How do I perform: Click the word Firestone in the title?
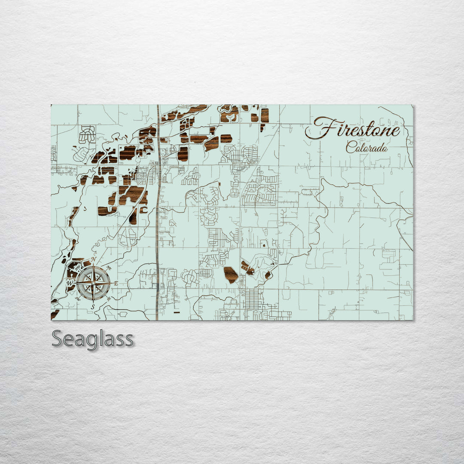click(353, 128)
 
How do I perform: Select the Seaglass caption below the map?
click(92, 339)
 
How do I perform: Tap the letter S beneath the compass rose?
click(92, 306)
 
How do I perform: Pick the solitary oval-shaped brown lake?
click(231, 274)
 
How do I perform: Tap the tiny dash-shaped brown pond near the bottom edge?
click(176, 313)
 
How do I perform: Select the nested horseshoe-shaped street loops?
click(87, 134)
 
